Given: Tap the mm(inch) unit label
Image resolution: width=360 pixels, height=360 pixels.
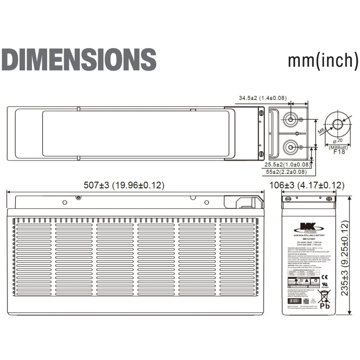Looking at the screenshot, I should pyautogui.click(x=323, y=60).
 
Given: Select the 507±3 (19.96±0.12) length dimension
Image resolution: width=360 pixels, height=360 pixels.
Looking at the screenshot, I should pyautogui.click(x=124, y=185).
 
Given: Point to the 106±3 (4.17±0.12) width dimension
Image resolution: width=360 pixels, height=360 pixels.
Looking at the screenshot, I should pyautogui.click(x=307, y=185).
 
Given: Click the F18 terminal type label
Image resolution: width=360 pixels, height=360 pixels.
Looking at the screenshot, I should pyautogui.click(x=340, y=152).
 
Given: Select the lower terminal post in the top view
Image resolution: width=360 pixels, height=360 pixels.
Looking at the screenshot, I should pyautogui.click(x=290, y=147).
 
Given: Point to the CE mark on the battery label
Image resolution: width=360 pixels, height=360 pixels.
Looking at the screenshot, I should pyautogui.click(x=324, y=277).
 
